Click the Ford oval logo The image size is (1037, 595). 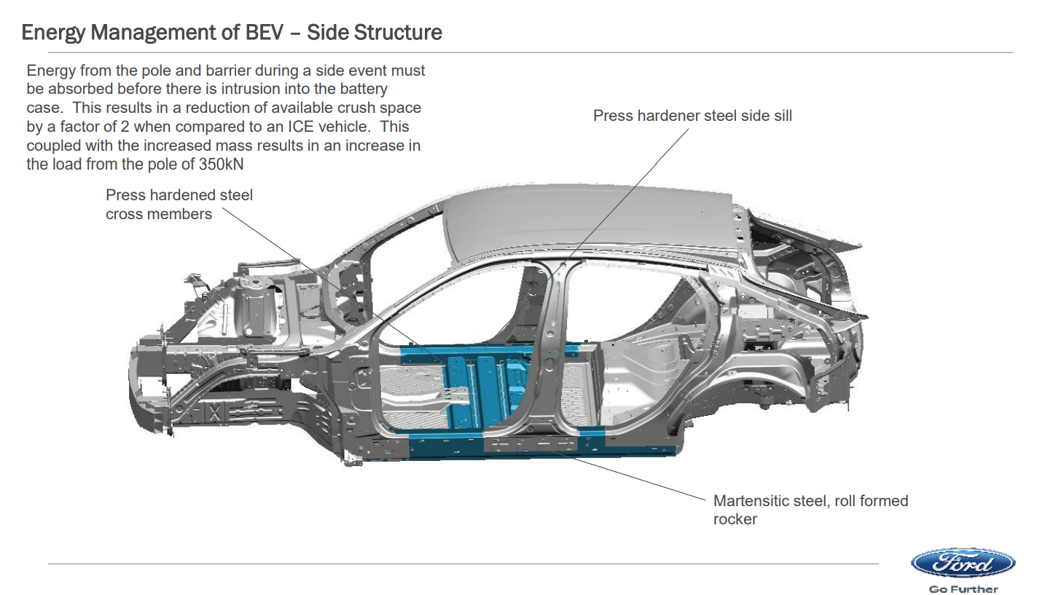963,563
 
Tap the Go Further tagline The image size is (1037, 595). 963,588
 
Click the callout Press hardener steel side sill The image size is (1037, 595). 692,116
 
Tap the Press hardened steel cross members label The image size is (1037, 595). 179,205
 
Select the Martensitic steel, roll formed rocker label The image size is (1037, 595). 810,510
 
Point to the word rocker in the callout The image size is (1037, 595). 735,519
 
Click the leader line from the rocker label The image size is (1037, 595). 627,473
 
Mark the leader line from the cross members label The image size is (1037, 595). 328,280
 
